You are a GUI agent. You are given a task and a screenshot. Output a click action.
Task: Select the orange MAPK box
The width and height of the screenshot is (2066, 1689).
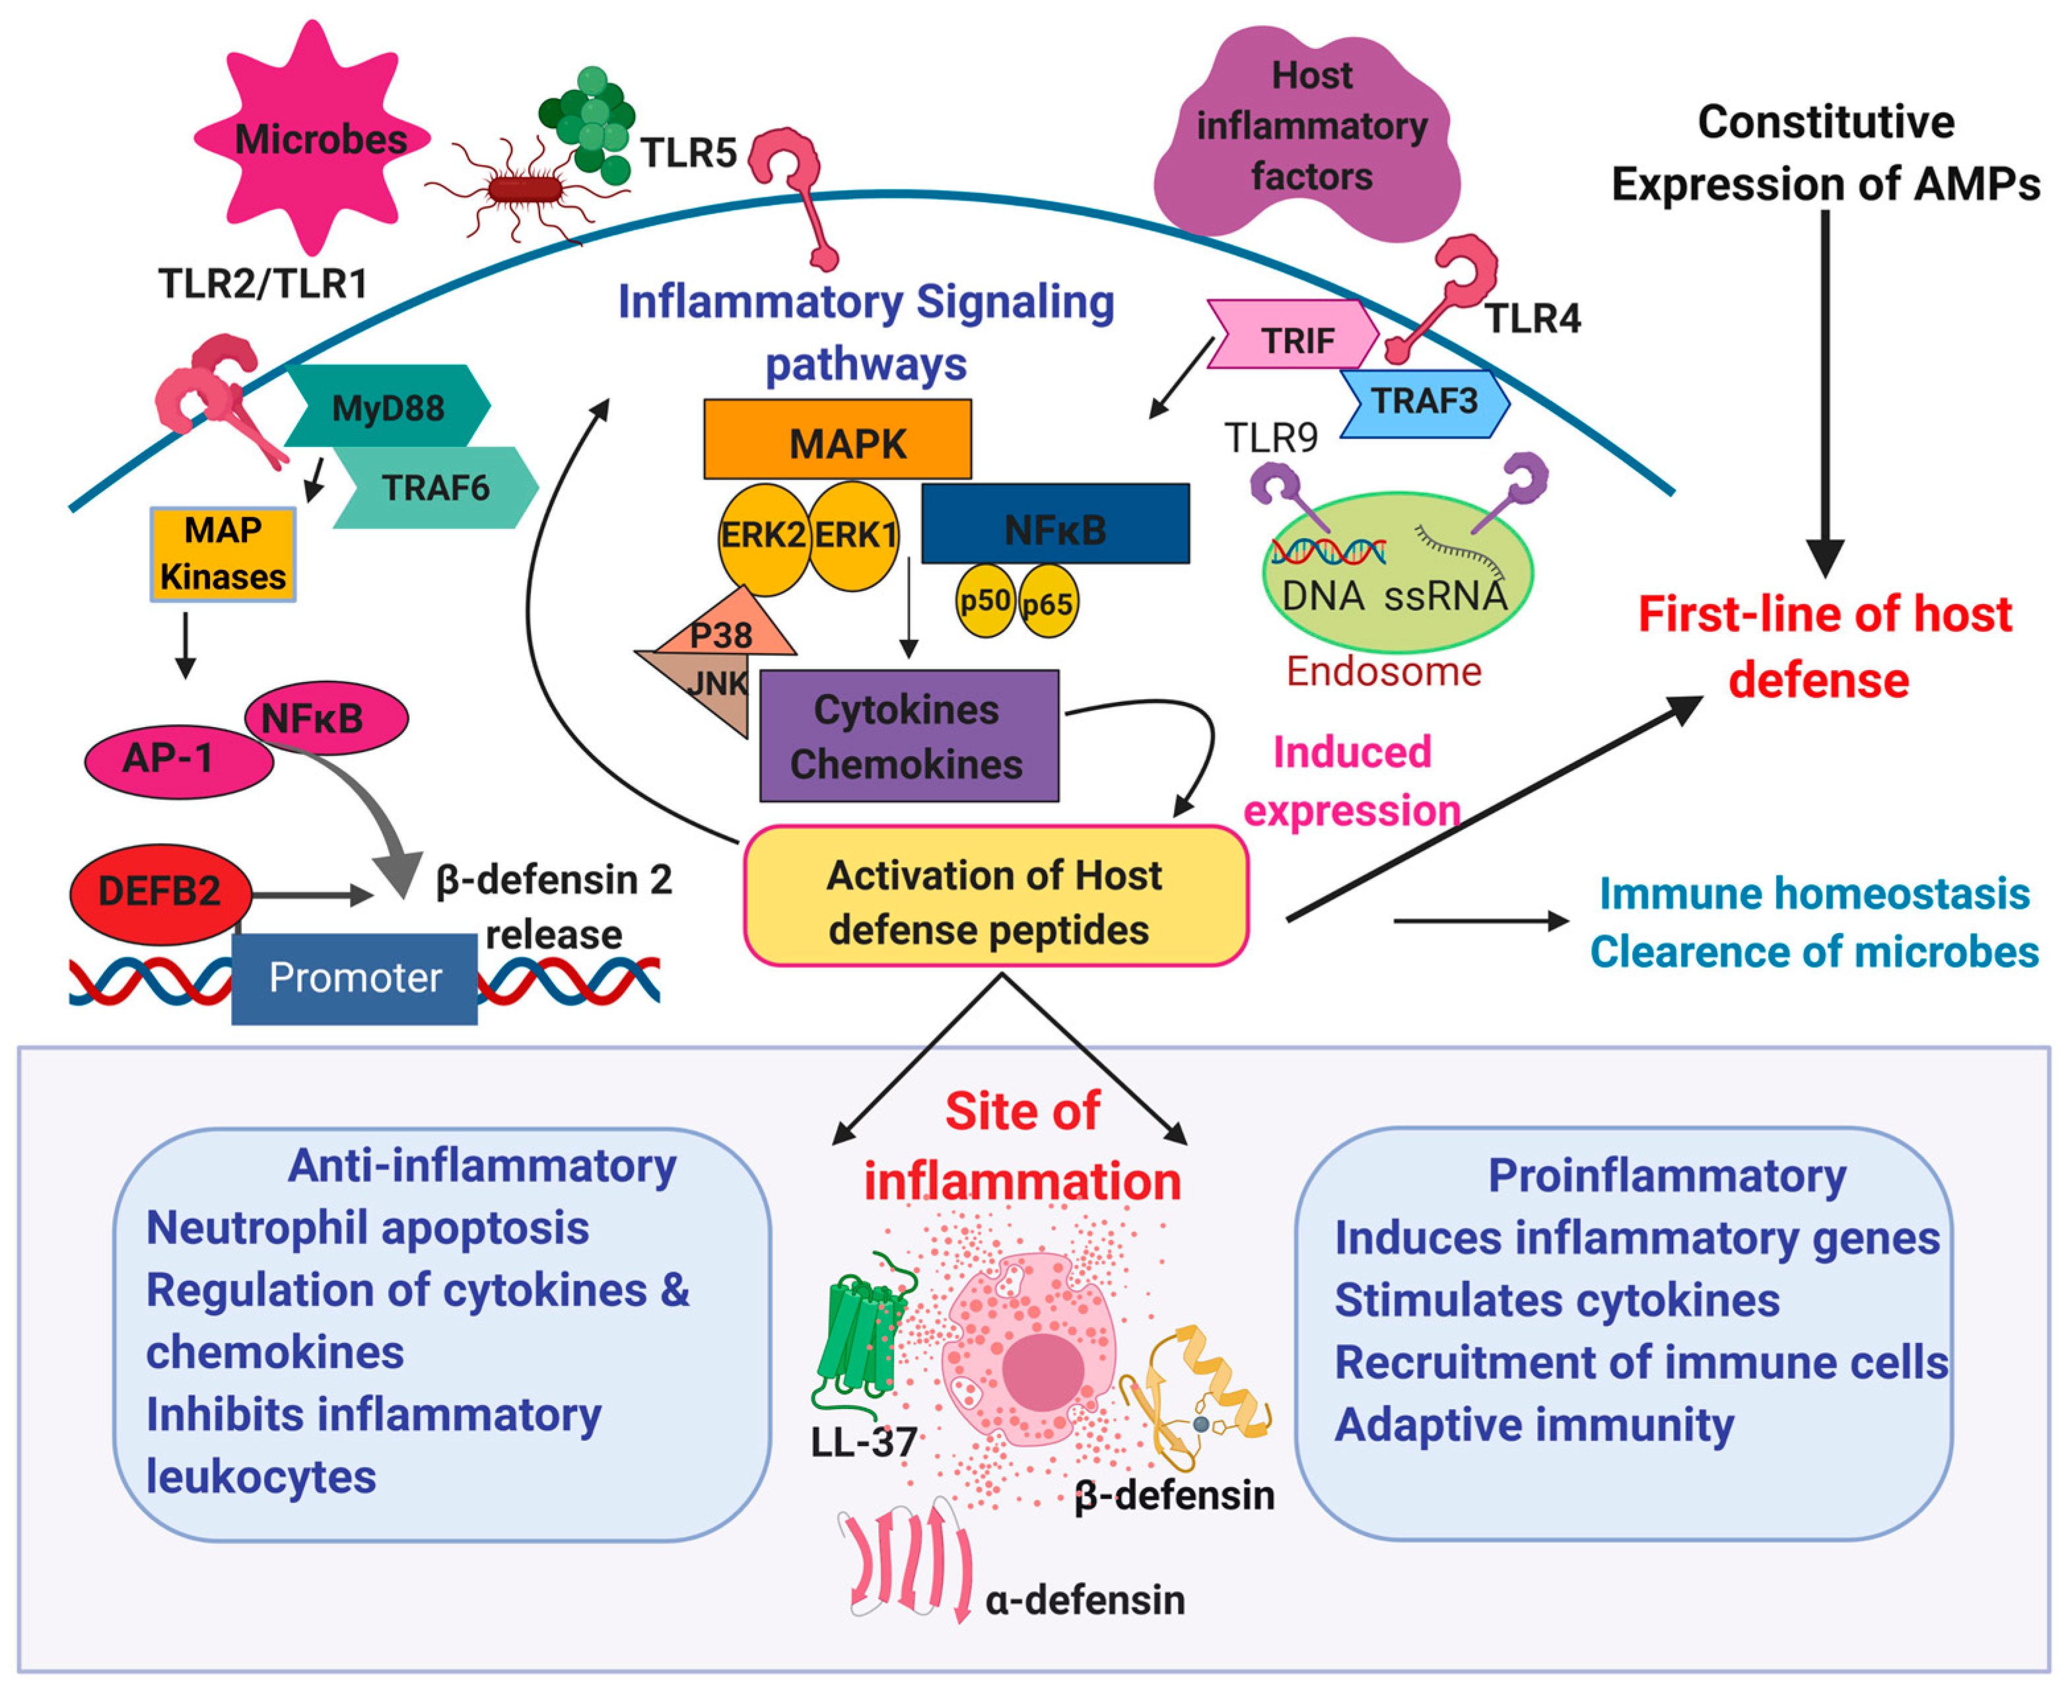click(x=837, y=439)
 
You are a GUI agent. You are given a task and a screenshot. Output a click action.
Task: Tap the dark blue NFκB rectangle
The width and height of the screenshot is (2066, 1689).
click(x=1055, y=524)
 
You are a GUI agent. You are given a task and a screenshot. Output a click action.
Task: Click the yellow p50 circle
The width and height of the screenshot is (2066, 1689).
click(x=985, y=600)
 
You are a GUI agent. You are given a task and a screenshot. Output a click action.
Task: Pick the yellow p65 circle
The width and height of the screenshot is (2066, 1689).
click(x=1048, y=602)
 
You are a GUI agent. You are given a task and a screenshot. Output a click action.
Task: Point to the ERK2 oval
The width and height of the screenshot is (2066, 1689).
click(x=763, y=538)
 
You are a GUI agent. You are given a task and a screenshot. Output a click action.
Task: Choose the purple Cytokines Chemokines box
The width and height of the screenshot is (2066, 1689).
click(x=909, y=736)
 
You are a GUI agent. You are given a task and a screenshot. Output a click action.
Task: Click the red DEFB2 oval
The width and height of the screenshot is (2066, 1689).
click(x=160, y=893)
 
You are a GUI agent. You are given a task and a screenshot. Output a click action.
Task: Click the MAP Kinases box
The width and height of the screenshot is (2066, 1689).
click(x=223, y=553)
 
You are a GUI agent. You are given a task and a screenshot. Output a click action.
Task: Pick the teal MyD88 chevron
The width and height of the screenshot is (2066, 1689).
click(x=387, y=405)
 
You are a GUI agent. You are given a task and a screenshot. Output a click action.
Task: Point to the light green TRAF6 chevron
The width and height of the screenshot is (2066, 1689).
click(x=435, y=487)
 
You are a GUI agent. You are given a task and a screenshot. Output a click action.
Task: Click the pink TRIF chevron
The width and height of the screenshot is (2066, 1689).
click(x=1293, y=333)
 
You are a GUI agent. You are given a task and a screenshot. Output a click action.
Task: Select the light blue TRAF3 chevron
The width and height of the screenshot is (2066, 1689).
click(x=1425, y=403)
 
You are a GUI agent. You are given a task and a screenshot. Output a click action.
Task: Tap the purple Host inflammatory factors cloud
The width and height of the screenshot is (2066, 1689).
click(x=1308, y=131)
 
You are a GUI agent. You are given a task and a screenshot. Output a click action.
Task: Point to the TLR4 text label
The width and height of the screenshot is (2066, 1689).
click(x=1533, y=318)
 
